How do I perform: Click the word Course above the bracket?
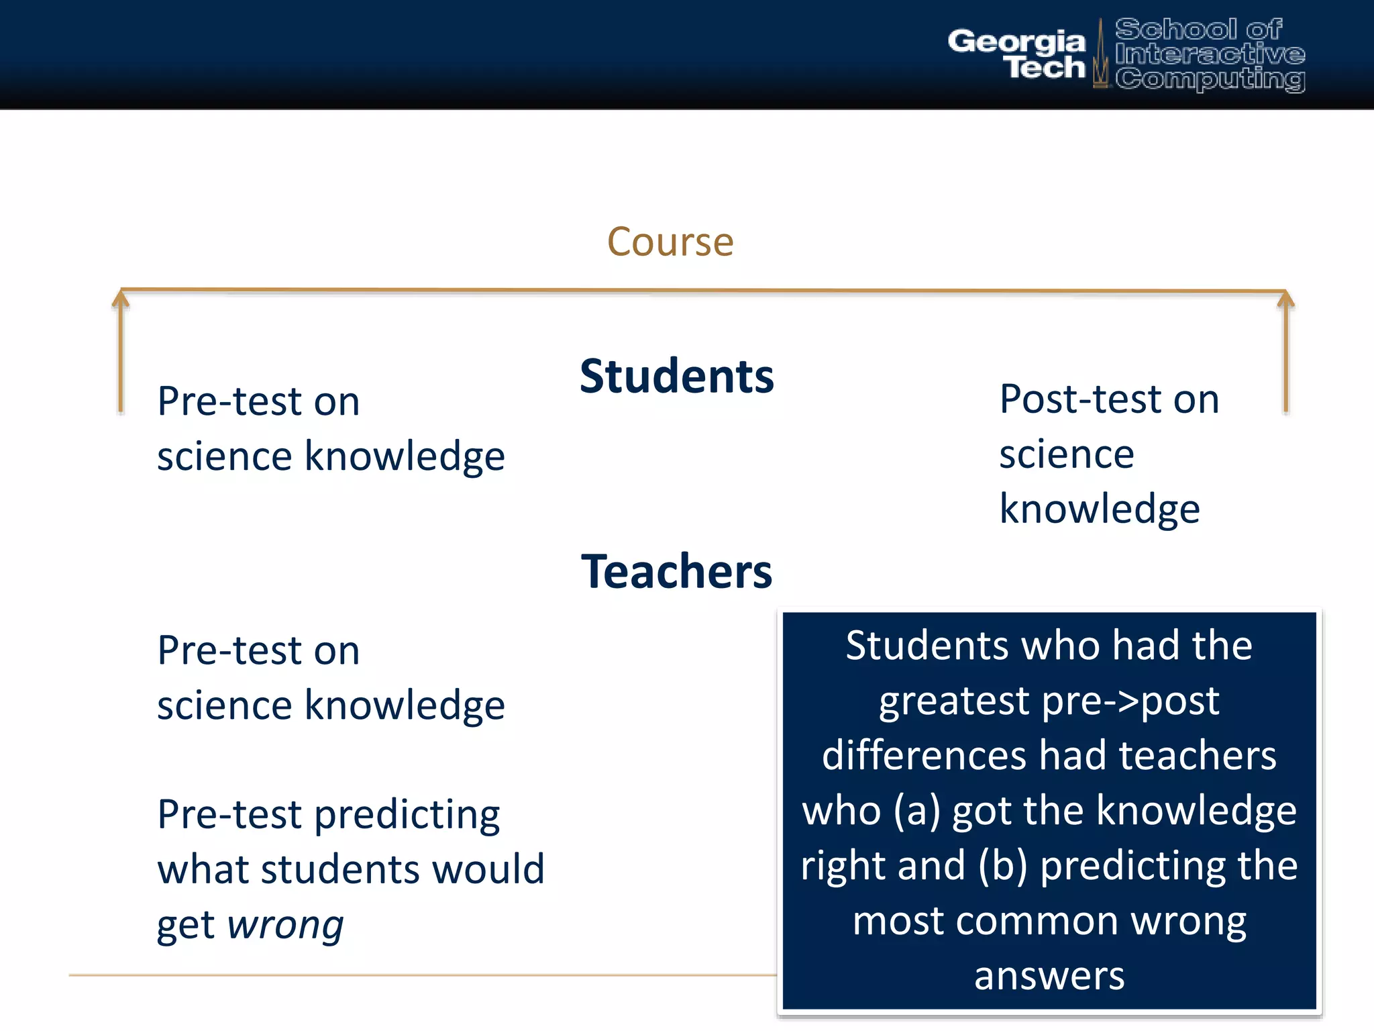pos(670,242)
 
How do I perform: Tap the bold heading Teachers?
pos(676,571)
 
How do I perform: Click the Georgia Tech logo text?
pos(1016,54)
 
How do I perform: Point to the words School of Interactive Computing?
pos(1210,54)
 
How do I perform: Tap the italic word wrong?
pos(285,925)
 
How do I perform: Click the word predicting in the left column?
pos(407,815)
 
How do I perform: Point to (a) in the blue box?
pos(916,811)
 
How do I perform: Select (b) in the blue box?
pos(1002,866)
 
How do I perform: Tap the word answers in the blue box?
pos(1049,976)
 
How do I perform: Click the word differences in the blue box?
pos(924,756)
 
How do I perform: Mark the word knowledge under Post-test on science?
pos(1099,509)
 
